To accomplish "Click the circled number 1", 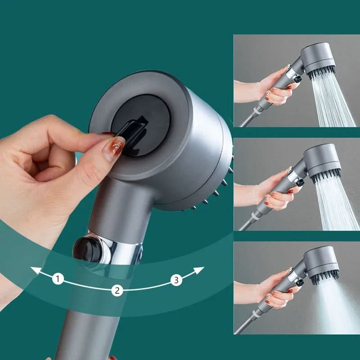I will tap(58, 279).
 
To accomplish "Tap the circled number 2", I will tap(117, 290).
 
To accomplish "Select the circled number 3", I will tap(176, 280).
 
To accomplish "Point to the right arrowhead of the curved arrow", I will tap(201, 270).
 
